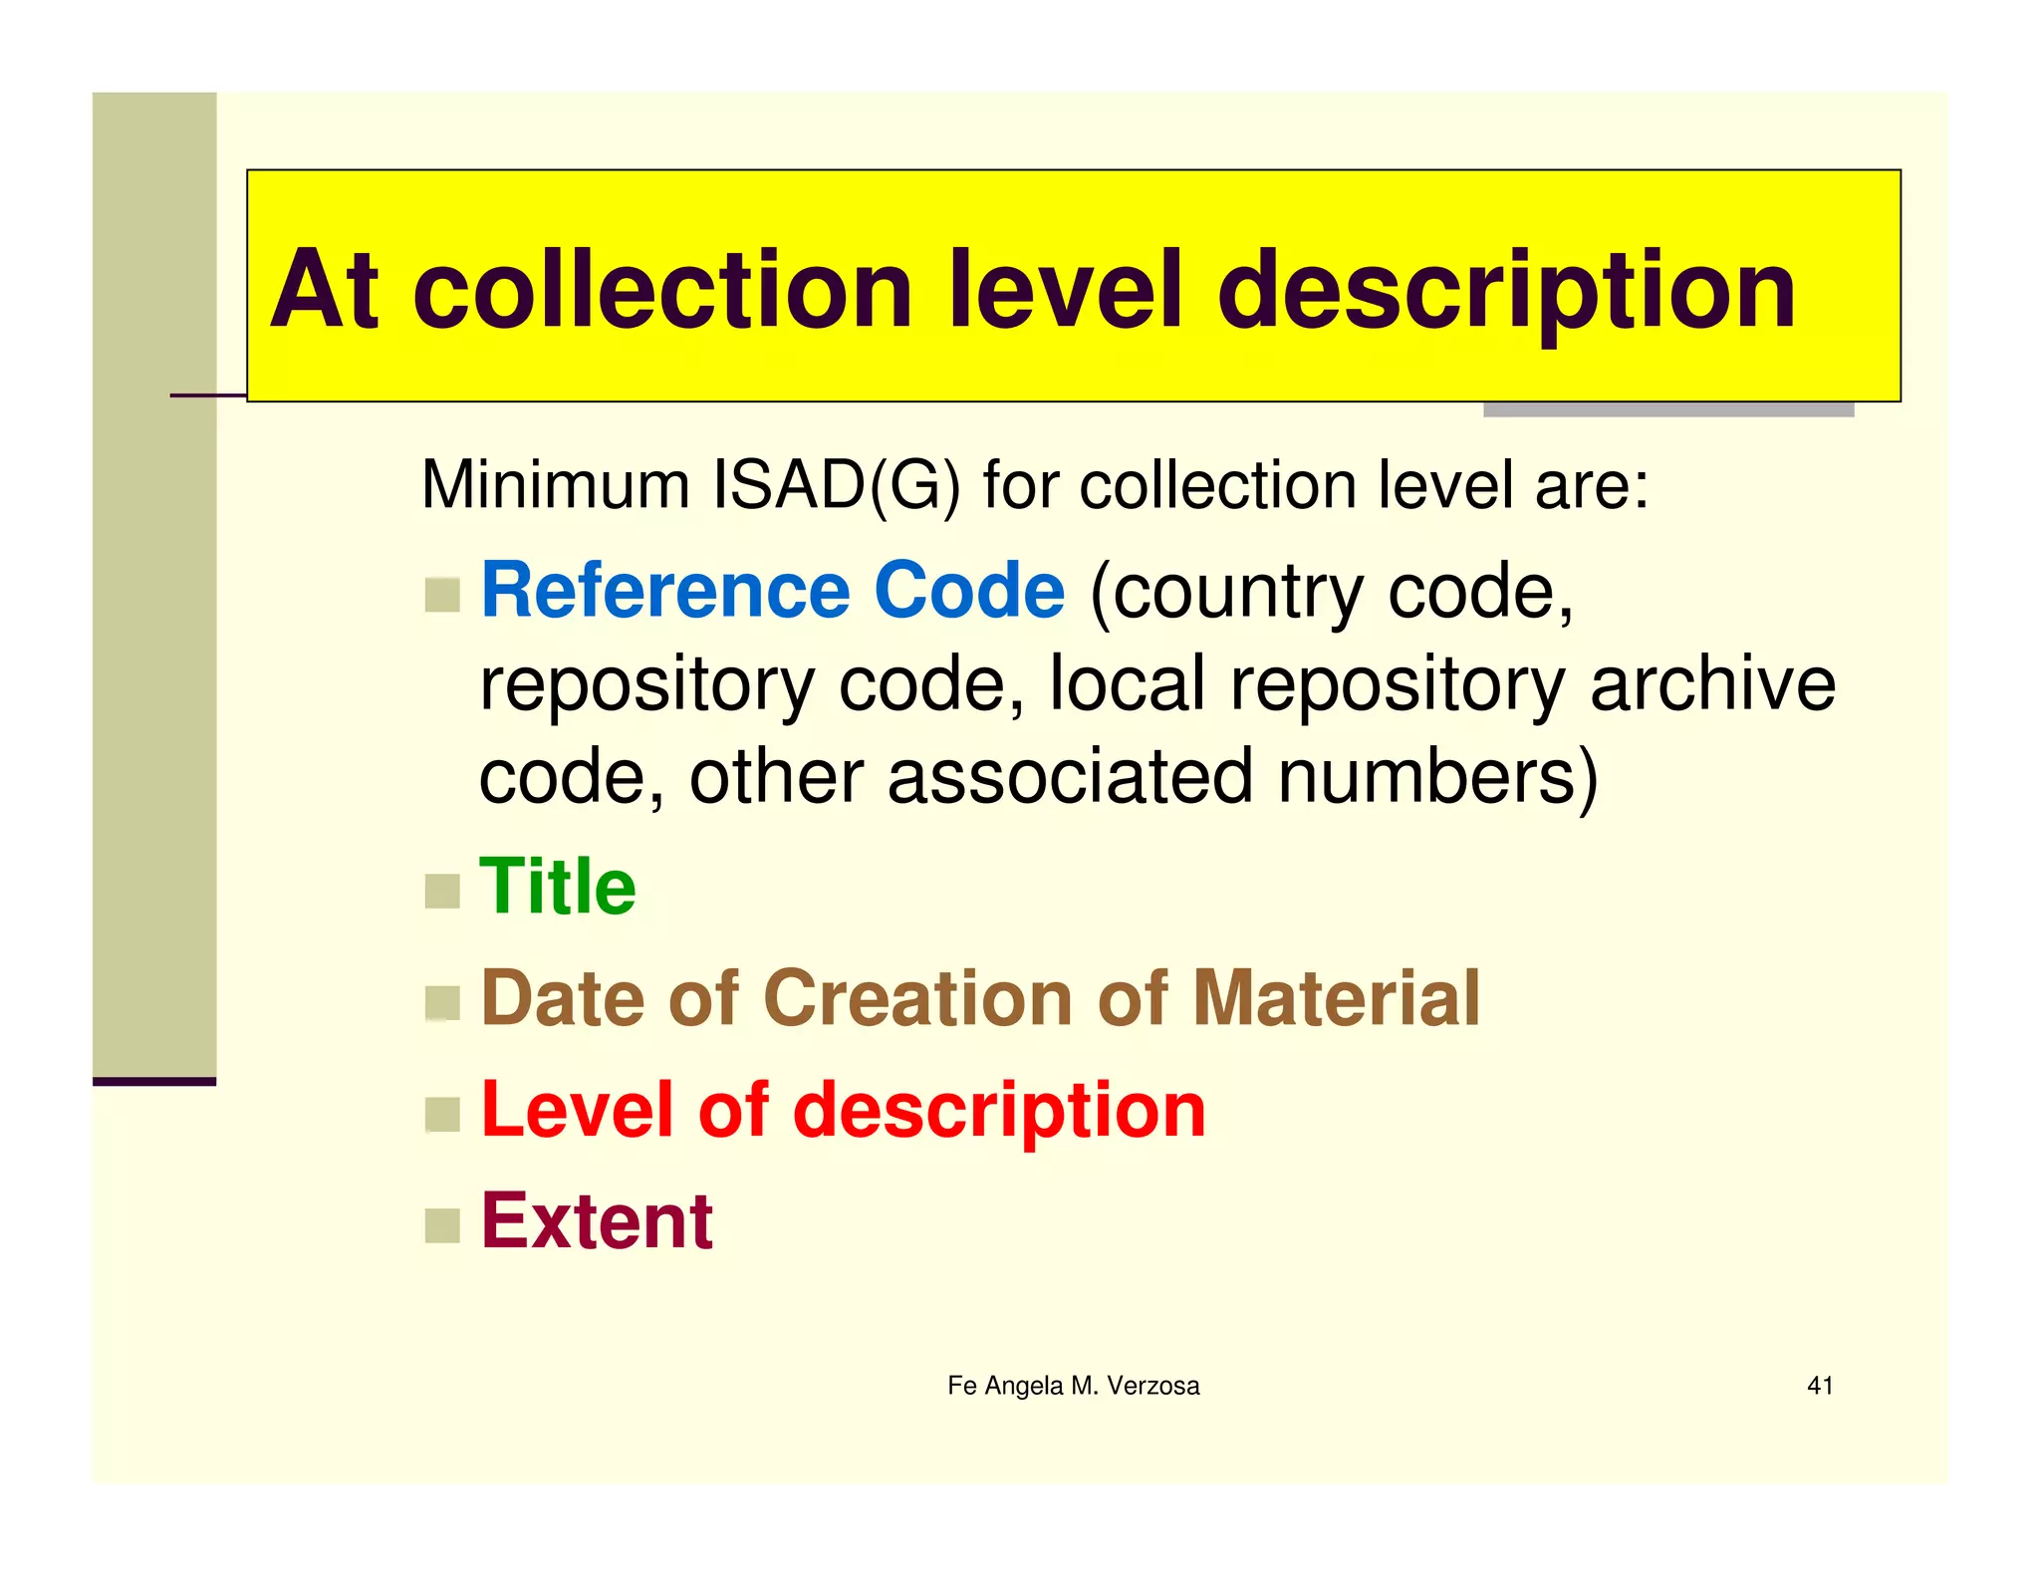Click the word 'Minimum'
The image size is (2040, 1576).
pyautogui.click(x=556, y=485)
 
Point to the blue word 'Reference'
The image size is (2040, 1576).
pyautogui.click(x=665, y=591)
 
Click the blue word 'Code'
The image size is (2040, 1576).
pyautogui.click(x=968, y=591)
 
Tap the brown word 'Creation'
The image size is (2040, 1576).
pyautogui.click(x=916, y=998)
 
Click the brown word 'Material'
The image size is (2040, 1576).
pyautogui.click(x=1335, y=998)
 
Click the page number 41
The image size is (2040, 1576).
pyautogui.click(x=1820, y=1386)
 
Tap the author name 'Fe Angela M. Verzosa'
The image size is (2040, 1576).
pyautogui.click(x=1073, y=1386)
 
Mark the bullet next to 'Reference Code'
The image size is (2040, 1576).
pyautogui.click(x=442, y=596)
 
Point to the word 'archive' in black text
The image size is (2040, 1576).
pyautogui.click(x=1712, y=684)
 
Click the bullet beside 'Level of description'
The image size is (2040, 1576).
pyautogui.click(x=442, y=1115)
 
